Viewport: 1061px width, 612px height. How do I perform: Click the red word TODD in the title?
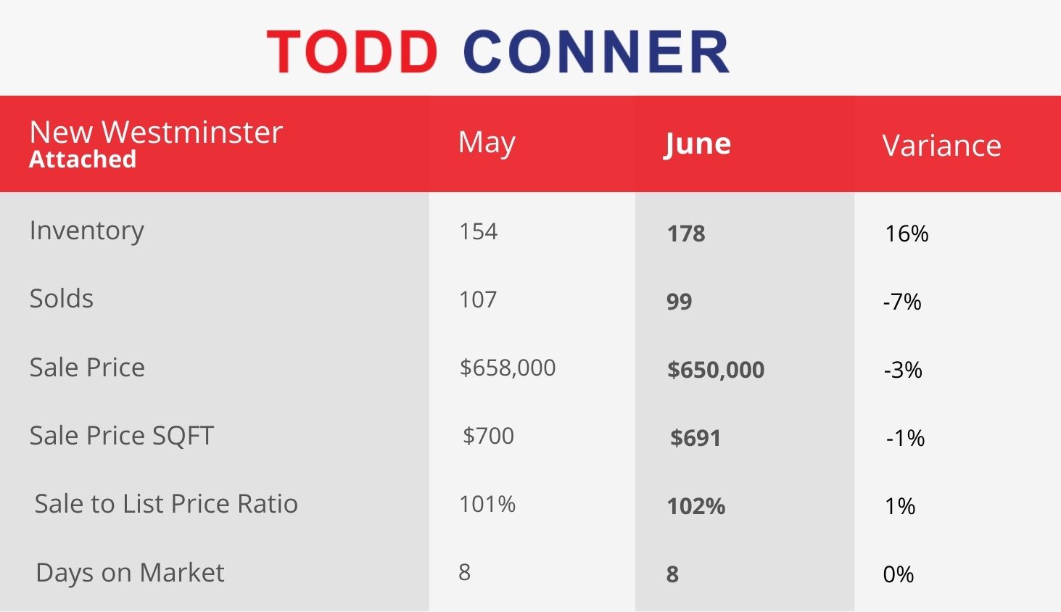point(352,51)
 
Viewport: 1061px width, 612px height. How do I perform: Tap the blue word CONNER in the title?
point(596,51)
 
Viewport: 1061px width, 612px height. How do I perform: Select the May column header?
point(487,143)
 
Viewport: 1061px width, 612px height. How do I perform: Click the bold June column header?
point(697,144)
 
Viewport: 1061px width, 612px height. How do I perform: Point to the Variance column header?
point(941,146)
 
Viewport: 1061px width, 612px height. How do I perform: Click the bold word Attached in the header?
point(83,159)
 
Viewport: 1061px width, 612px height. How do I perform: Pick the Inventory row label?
point(87,231)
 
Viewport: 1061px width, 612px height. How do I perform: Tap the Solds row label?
point(62,299)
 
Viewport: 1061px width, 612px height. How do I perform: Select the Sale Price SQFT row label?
point(122,436)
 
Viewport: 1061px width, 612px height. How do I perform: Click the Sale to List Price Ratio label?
point(166,503)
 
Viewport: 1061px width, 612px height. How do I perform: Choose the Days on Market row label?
point(130,573)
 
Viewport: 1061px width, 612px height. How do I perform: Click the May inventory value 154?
point(479,231)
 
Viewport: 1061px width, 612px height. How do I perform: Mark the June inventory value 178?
point(686,233)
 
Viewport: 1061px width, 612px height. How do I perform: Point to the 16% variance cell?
point(907,233)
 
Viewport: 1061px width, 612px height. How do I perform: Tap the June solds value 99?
point(680,302)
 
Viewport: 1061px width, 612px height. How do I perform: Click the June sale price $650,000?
point(716,370)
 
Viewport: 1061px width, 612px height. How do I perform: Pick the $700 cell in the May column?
point(488,436)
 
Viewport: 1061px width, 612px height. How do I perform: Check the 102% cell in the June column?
point(696,506)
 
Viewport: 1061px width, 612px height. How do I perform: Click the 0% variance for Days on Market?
point(899,574)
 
